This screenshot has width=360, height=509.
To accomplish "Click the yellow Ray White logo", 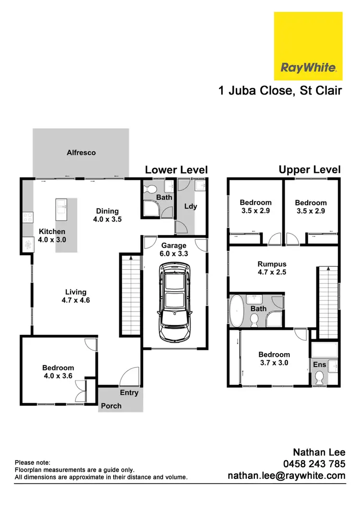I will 308,46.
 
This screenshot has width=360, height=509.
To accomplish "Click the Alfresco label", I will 81,153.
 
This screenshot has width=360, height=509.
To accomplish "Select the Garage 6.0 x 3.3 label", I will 174,249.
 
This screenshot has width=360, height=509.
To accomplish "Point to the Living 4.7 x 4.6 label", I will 76,296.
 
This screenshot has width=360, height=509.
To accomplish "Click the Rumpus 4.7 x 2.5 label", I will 272,268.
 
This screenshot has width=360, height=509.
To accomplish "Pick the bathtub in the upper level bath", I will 237,310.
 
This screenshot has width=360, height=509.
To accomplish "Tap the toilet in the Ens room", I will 319,379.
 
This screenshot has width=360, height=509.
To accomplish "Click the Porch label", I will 111,406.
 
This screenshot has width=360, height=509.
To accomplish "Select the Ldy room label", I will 191,206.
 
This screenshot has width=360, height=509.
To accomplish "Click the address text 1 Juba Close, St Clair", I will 280,90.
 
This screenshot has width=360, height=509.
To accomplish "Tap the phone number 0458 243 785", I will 314,464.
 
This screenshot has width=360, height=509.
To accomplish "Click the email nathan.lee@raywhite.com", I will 286,476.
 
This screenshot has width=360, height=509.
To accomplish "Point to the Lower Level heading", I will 176,170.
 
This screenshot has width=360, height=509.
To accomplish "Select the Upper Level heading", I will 310,169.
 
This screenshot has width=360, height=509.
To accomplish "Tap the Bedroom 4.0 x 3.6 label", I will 58,372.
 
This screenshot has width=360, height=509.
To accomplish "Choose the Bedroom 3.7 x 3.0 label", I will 274,359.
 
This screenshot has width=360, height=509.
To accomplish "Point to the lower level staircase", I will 128,295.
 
